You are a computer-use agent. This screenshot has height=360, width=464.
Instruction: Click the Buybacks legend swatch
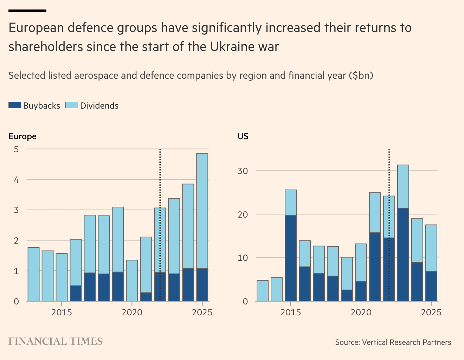[15, 105]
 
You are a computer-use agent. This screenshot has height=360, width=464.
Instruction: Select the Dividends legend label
[99, 106]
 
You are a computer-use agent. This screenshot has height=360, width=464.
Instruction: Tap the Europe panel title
[22, 136]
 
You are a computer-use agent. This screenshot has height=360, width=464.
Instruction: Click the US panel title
[243, 136]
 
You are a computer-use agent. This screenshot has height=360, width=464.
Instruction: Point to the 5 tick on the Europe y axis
[16, 149]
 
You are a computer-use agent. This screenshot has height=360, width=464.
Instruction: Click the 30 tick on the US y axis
[243, 171]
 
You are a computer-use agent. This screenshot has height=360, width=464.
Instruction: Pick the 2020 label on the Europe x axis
[132, 312]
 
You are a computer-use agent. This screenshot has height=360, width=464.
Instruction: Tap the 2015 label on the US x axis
[290, 312]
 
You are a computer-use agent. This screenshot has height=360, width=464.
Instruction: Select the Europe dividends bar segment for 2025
[202, 211]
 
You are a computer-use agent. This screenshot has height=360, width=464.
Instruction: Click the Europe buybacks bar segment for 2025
[202, 285]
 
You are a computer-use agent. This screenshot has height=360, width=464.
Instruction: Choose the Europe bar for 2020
[132, 281]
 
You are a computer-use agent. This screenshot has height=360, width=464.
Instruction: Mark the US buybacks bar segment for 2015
[291, 258]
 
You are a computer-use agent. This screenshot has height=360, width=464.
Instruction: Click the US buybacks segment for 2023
[403, 255]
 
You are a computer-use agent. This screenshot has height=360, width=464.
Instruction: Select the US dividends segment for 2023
[403, 186]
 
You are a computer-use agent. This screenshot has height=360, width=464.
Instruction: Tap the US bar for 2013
[263, 291]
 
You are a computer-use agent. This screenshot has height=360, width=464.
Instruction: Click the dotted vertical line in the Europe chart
[160, 176]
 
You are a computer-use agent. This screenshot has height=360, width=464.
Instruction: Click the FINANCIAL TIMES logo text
[56, 341]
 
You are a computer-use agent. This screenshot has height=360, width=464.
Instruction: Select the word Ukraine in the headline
[232, 47]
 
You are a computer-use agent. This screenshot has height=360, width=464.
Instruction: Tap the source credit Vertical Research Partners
[406, 342]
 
